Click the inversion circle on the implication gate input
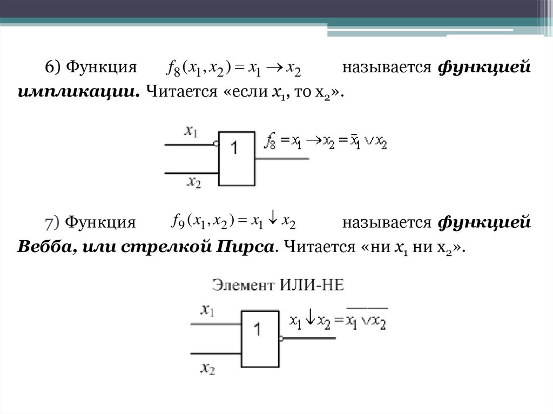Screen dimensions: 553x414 point(216,144)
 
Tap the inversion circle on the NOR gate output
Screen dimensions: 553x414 point(281,338)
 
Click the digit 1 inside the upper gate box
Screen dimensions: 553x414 point(235,148)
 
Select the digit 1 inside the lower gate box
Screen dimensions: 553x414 point(258,329)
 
